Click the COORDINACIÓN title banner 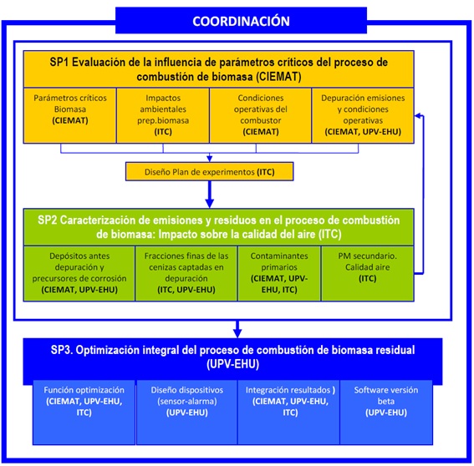(241, 21)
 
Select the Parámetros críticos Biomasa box (70, 115)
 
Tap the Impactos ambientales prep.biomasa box (163, 115)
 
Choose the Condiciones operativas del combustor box (260, 115)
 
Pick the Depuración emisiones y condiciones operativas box (363, 115)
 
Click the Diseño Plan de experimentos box (210, 171)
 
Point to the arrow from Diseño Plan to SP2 (210, 195)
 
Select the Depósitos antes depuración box (79, 273)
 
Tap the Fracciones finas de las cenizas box (186, 273)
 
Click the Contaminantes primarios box (279, 273)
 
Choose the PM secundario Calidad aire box (367, 273)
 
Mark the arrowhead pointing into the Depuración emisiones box (417, 115)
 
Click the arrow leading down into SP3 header (237, 329)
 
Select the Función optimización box (84, 413)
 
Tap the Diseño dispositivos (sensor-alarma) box (186, 413)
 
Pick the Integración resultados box (289, 413)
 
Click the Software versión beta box (386, 413)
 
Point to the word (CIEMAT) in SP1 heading (278, 77)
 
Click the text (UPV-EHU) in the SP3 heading (232, 364)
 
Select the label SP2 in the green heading (47, 220)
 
